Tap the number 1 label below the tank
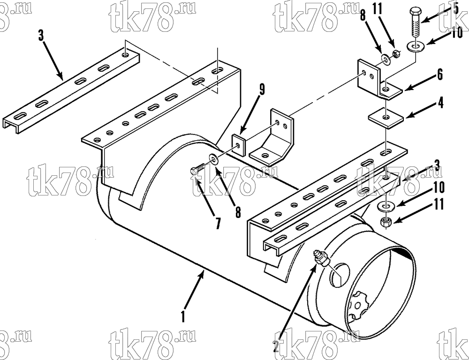(x=183, y=317)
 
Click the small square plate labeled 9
(x=238, y=145)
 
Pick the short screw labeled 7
(x=198, y=169)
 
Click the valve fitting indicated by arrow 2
(x=321, y=258)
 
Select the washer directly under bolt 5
(x=415, y=46)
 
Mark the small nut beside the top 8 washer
(x=395, y=54)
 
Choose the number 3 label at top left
(x=41, y=36)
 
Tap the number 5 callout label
(x=455, y=8)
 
